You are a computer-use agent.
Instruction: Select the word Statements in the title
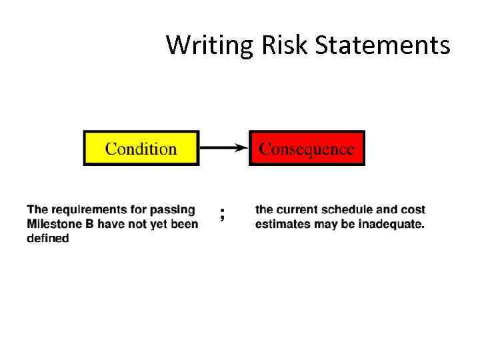tap(382, 45)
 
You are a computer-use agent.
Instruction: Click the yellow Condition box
tap(141, 148)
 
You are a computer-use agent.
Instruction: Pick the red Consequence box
tap(307, 148)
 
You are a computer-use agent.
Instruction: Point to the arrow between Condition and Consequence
tap(224, 148)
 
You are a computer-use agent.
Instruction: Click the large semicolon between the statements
tap(222, 214)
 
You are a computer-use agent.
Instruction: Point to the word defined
tap(48, 238)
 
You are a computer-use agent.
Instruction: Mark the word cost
tap(414, 210)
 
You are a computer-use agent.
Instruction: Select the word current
tap(297, 210)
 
